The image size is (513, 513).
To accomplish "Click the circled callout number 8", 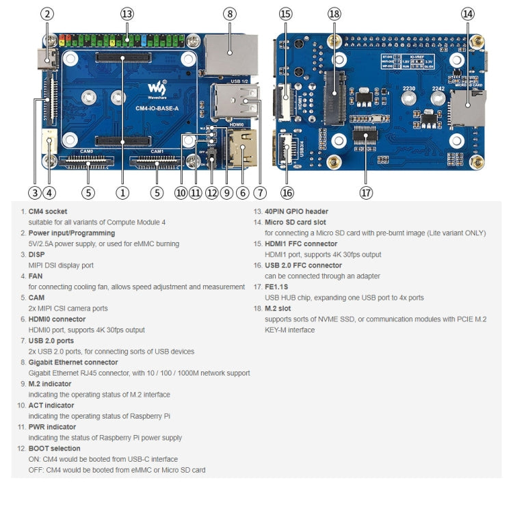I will [229, 14].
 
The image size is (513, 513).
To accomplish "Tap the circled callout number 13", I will [127, 14].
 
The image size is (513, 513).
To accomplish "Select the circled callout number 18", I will [334, 14].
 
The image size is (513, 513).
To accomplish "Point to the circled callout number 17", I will [366, 193].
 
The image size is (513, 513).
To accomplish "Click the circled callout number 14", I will [467, 14].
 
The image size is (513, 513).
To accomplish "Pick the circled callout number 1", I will [122, 193].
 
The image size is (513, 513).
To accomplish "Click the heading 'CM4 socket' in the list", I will [48, 212].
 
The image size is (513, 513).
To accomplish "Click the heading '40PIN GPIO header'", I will [296, 212].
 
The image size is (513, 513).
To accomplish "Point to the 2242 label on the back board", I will [438, 88].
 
